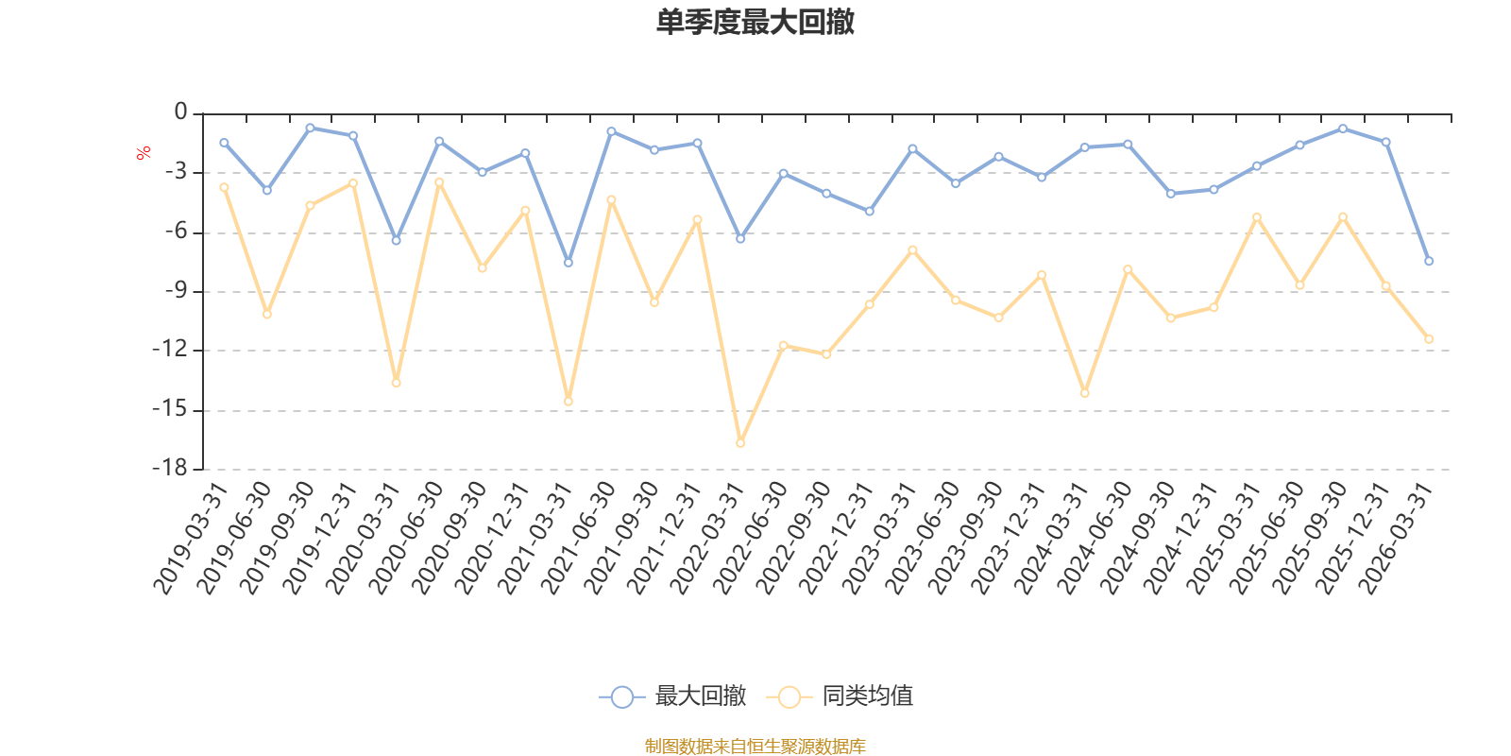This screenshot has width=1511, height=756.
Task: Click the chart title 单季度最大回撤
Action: tap(755, 23)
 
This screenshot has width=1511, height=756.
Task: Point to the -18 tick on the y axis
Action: tap(170, 469)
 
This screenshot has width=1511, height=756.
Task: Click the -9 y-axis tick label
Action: tap(175, 291)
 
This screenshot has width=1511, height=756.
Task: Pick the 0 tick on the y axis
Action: tap(180, 113)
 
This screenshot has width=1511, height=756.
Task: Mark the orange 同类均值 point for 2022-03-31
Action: tap(740, 442)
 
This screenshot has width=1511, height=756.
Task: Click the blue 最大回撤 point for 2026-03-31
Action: tap(1429, 261)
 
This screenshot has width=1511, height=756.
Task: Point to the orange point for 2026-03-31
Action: tap(1429, 338)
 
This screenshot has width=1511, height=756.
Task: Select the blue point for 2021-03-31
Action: tap(569, 263)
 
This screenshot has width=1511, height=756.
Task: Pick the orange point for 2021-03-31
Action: tap(569, 402)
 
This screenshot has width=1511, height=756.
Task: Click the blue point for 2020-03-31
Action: tap(397, 241)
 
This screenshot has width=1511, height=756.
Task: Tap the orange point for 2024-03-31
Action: tap(1085, 393)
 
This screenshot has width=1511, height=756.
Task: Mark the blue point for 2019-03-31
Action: tap(224, 143)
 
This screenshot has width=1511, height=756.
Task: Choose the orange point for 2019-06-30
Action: tap(267, 314)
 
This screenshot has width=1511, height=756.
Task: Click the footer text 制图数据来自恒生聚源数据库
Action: tap(755, 747)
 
